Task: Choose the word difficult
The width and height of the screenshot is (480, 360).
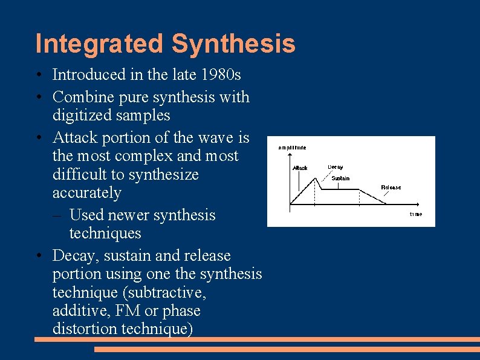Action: click(x=82, y=174)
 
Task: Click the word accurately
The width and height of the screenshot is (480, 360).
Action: click(x=86, y=193)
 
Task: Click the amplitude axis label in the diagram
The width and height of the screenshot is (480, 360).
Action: click(x=292, y=148)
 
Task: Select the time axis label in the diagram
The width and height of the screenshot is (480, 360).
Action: click(x=416, y=214)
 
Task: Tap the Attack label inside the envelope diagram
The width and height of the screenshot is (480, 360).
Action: click(x=300, y=168)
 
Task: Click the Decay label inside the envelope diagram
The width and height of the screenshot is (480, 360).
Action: click(x=336, y=167)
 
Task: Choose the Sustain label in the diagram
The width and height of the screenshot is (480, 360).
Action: click(x=340, y=178)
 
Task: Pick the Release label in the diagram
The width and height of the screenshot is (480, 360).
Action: click(x=391, y=188)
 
